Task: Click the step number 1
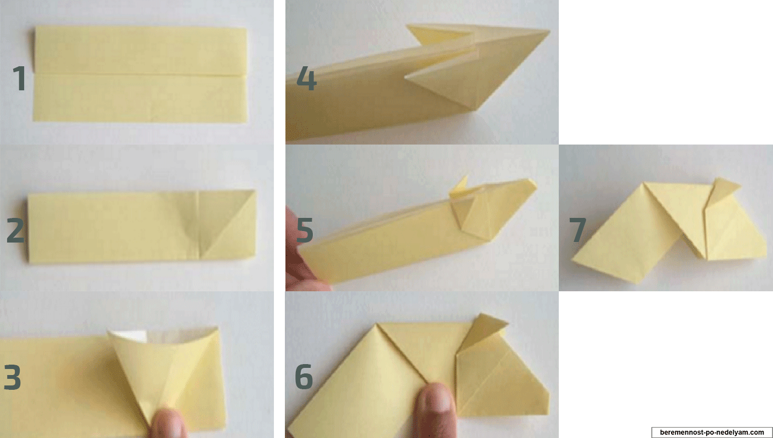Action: (19, 78)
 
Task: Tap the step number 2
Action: (15, 230)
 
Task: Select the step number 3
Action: (13, 377)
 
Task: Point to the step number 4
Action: (306, 78)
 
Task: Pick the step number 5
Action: (305, 230)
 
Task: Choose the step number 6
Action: (304, 377)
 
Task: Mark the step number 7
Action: (577, 230)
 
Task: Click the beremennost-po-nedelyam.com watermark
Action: (712, 432)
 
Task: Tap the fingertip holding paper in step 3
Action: (169, 424)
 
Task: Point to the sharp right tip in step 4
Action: (549, 31)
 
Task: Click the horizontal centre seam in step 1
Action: (140, 74)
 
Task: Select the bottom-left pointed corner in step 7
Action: (573, 261)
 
